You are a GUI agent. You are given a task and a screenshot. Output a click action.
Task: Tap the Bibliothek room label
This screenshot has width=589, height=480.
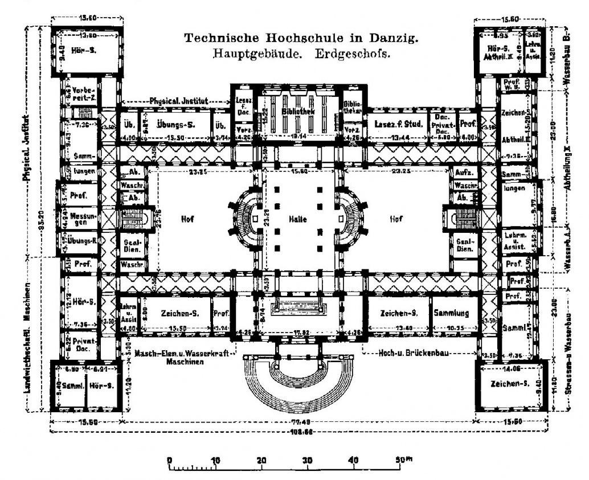tap(298, 112)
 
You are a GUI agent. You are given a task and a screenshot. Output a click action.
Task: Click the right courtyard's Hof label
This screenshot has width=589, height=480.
tap(395, 219)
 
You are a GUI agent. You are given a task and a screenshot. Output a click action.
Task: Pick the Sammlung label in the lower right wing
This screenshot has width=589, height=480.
tap(451, 313)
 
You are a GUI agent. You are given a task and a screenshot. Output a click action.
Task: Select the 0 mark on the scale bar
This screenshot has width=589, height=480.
tap(169, 460)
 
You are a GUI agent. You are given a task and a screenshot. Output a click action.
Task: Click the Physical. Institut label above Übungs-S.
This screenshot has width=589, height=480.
tap(178, 101)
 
